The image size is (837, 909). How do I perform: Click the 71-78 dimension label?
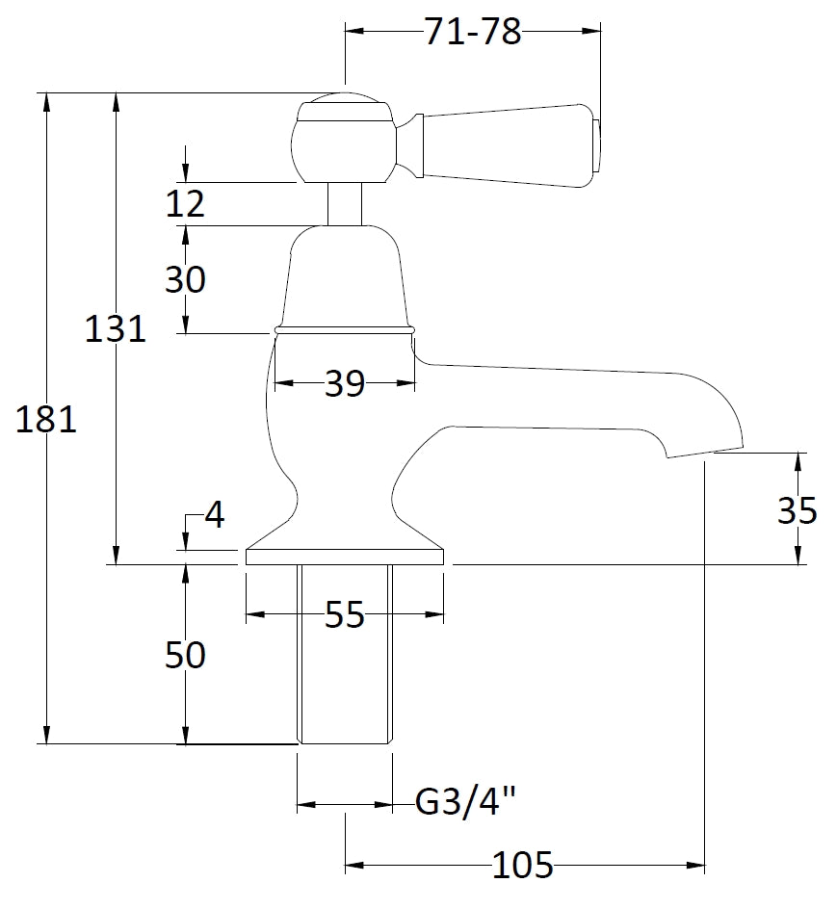tap(472, 33)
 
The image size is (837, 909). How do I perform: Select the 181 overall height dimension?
tap(45, 420)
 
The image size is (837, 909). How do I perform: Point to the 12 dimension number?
tap(185, 204)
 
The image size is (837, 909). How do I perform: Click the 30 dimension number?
tap(185, 280)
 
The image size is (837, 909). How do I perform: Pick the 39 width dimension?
tap(344, 384)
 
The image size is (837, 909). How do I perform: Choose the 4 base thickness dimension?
tap(214, 515)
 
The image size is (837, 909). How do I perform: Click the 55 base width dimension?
tap(344, 614)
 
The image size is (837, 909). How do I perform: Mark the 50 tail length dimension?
tap(185, 656)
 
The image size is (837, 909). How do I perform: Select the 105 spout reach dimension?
tap(523, 866)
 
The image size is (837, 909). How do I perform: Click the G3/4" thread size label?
tap(466, 802)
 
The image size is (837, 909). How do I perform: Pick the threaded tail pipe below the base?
tap(344, 655)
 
